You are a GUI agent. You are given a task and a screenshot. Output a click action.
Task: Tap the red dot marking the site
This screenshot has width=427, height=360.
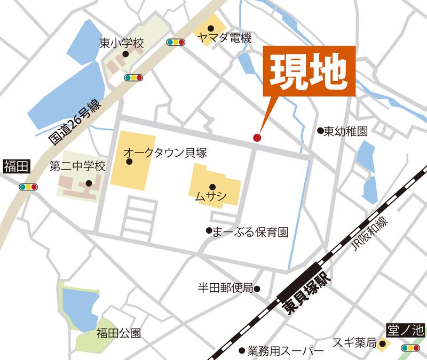tap(257, 138)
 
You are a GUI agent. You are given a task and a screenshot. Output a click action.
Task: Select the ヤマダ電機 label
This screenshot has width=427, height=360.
tap(224, 38)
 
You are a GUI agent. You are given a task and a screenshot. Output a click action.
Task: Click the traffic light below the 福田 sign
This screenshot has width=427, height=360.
tap(27, 187)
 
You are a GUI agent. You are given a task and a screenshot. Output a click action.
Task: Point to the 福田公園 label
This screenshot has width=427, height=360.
tap(118, 334)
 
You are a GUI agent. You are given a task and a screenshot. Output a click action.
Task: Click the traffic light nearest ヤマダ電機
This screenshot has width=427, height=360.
tap(176, 42)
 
